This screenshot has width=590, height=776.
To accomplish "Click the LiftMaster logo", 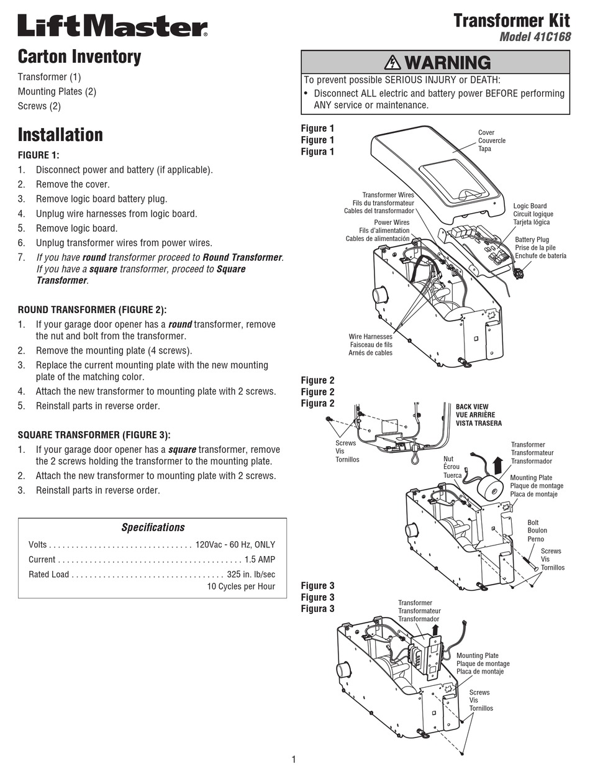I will pos(112,27).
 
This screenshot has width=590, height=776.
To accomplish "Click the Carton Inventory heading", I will pos(79,57).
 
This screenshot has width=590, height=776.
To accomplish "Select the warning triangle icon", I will pos(393,62).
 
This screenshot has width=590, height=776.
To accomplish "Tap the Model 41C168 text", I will pos(535,37).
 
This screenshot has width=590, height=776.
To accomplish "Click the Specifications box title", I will pos(153,527).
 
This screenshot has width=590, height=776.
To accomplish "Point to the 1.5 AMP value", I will pos(260,559).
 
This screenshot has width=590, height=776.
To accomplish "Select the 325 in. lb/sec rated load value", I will pos(251,574).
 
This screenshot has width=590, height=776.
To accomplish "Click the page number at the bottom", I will pos(294,759).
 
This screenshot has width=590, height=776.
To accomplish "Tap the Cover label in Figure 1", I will pos(486,132).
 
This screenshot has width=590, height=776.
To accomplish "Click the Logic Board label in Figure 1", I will pos(530,206).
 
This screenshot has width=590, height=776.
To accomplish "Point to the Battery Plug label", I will pos(532,240).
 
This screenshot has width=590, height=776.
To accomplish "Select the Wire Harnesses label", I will pos(370,337).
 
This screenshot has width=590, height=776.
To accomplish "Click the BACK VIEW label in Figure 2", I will pos(472,407).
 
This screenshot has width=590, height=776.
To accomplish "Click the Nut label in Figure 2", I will pos(448,459).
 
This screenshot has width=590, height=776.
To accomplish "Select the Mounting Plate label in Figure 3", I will pos(477,655).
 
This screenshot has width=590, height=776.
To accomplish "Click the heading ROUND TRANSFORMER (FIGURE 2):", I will pos(93,309).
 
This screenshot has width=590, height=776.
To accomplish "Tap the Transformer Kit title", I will pos(511,20).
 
